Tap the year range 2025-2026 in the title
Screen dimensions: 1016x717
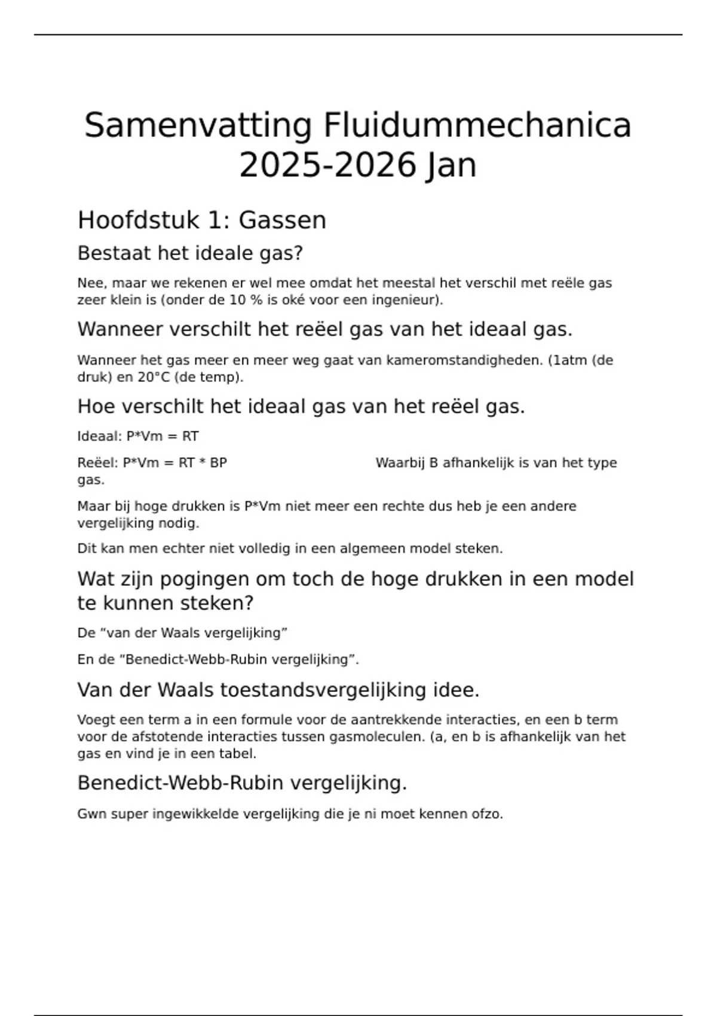(x=327, y=166)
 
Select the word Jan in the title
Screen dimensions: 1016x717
(x=451, y=166)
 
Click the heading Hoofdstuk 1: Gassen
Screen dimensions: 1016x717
(x=202, y=220)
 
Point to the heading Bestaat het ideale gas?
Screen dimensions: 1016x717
(x=190, y=253)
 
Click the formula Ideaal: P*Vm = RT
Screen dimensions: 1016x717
(x=138, y=436)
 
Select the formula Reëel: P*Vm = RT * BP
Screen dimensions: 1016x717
(x=152, y=463)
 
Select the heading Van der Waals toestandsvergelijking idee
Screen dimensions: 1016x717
(x=278, y=690)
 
